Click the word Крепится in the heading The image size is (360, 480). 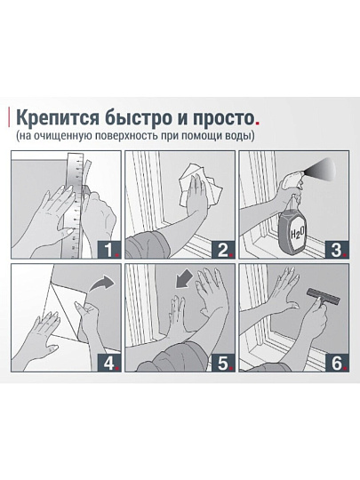point(58,118)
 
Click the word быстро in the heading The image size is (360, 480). point(138,117)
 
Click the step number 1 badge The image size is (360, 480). point(109,250)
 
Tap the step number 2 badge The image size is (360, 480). point(223,250)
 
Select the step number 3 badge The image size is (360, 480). point(337,250)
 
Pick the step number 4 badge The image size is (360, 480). point(109,363)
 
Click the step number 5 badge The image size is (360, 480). point(223,363)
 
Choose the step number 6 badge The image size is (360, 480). point(337,363)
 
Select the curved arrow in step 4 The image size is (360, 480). point(100,284)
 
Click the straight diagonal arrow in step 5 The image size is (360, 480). point(184,279)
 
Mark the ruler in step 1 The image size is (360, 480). point(75,205)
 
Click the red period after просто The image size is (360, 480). point(257,123)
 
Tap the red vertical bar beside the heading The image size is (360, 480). point(9,117)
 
